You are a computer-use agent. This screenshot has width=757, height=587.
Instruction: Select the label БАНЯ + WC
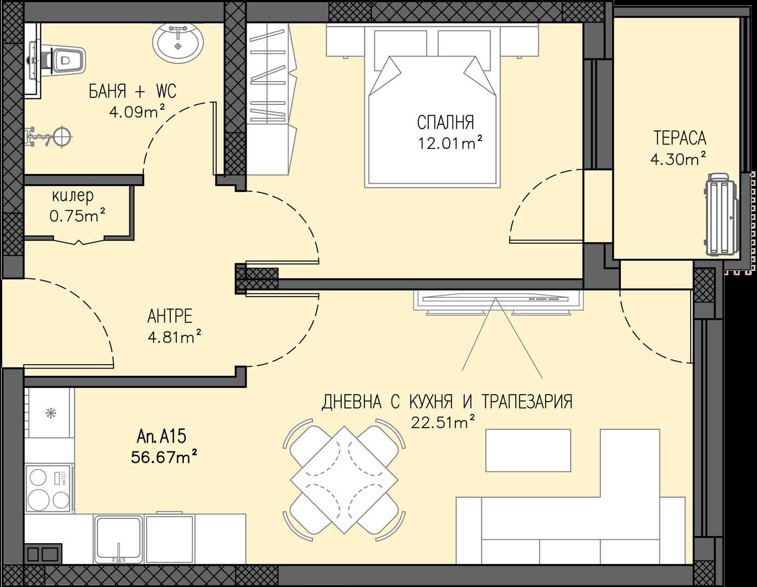132,91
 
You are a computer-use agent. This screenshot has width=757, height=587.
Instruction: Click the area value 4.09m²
136,112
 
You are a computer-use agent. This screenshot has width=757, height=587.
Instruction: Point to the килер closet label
72,195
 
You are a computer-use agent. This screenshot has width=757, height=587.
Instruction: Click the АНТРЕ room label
170,316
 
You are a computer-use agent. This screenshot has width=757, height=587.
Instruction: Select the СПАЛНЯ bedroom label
445,123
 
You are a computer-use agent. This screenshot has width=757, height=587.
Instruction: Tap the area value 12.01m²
449,143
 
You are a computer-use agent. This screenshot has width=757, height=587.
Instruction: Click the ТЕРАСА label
680,138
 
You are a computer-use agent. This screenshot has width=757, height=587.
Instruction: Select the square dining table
344,479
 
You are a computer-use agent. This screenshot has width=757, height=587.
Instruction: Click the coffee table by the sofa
528,450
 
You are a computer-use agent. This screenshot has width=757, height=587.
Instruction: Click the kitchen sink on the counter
118,538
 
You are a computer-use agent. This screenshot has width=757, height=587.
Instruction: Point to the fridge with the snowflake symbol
50,413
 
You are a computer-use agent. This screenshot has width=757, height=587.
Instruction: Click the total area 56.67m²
163,457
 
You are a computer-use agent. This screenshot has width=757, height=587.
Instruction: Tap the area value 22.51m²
443,422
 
